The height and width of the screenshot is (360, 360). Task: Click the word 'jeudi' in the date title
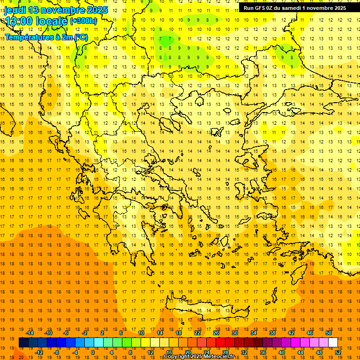click(15, 9)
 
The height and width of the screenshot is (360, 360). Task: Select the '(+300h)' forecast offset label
click(84, 21)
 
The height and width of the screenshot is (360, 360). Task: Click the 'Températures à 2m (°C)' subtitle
click(46, 37)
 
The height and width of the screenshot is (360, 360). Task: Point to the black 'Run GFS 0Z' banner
click(295, 7)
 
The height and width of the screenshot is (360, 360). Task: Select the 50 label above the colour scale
click(328, 333)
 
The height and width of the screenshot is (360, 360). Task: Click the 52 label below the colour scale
click(338, 352)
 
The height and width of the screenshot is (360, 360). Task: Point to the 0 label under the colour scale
click(93, 352)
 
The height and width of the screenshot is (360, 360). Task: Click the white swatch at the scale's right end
click(333, 343)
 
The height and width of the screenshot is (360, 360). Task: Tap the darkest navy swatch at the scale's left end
click(23, 343)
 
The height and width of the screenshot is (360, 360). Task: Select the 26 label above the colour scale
click(216, 333)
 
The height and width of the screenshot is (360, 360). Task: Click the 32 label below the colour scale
click(244, 352)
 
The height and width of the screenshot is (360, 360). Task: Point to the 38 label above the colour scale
click(272, 333)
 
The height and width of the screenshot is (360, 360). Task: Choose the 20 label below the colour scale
click(188, 352)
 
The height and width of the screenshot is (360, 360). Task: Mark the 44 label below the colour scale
click(300, 352)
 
